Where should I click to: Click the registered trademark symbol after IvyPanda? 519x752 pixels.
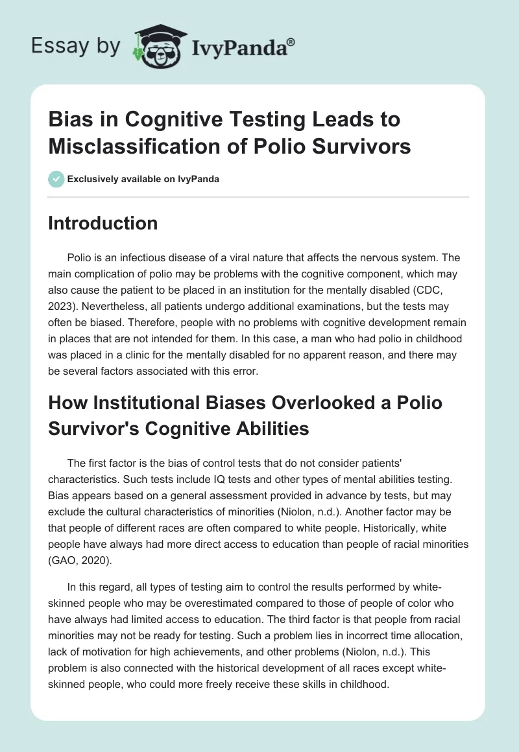coord(291,41)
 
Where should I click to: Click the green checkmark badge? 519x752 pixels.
coord(56,179)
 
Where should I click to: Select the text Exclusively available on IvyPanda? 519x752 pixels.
coord(143,179)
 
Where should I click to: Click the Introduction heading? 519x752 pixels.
coord(103,223)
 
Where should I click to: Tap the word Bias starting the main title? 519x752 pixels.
coord(68,120)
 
